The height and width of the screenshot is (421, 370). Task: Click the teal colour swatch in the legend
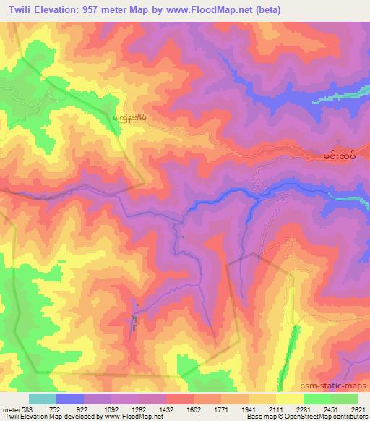click(43, 399)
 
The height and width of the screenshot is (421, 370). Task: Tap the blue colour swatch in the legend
click(70, 399)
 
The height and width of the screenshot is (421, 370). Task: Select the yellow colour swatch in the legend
click(290, 399)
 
